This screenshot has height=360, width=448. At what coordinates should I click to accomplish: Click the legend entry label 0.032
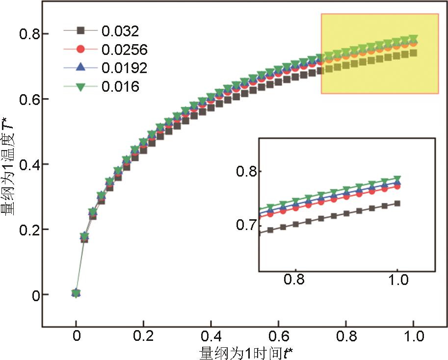click(x=120, y=31)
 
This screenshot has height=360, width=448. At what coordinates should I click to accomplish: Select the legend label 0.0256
click(x=125, y=50)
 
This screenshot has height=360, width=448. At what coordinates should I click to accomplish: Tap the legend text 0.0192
click(x=125, y=68)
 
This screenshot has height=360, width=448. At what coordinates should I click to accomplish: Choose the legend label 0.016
click(x=120, y=86)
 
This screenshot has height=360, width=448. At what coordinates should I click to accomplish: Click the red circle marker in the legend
click(x=81, y=49)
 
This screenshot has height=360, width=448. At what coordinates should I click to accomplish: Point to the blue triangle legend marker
click(x=81, y=67)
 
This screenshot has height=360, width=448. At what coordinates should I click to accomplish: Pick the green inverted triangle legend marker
click(x=81, y=86)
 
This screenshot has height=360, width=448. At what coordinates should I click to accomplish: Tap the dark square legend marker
click(x=81, y=30)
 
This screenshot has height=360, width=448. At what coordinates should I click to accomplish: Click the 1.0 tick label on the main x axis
click(x=413, y=338)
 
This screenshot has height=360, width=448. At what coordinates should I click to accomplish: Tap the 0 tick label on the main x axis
click(x=76, y=338)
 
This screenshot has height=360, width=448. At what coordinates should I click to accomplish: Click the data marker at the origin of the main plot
click(x=76, y=293)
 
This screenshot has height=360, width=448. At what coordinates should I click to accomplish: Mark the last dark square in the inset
click(x=397, y=203)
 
